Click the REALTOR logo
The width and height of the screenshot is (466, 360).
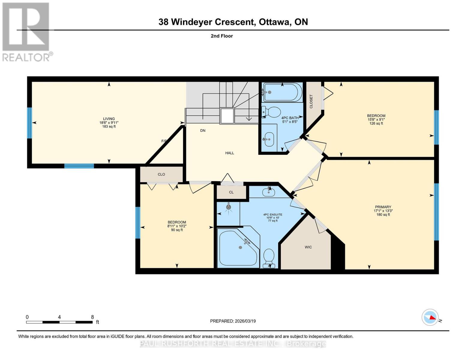[26, 32]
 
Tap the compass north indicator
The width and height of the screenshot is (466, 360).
[430, 317]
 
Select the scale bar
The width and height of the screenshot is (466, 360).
[59, 322]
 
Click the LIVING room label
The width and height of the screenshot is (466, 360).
[109, 119]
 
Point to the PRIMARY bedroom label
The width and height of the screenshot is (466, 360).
[383, 207]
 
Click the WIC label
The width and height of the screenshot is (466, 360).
[308, 247]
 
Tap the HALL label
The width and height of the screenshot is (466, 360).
[230, 153]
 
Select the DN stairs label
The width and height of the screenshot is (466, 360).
[203, 130]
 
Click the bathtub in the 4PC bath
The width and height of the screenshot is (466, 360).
[282, 92]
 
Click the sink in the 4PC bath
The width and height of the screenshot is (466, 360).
[269, 139]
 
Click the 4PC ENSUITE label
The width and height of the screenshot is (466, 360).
[272, 214]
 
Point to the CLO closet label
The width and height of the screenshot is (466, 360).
[161, 174]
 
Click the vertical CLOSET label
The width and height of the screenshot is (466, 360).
[311, 101]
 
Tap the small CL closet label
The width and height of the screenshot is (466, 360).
[231, 192]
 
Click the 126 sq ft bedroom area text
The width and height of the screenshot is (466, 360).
[376, 123]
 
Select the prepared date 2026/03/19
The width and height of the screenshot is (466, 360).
[233, 321]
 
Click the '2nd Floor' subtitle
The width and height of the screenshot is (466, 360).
[222, 36]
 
